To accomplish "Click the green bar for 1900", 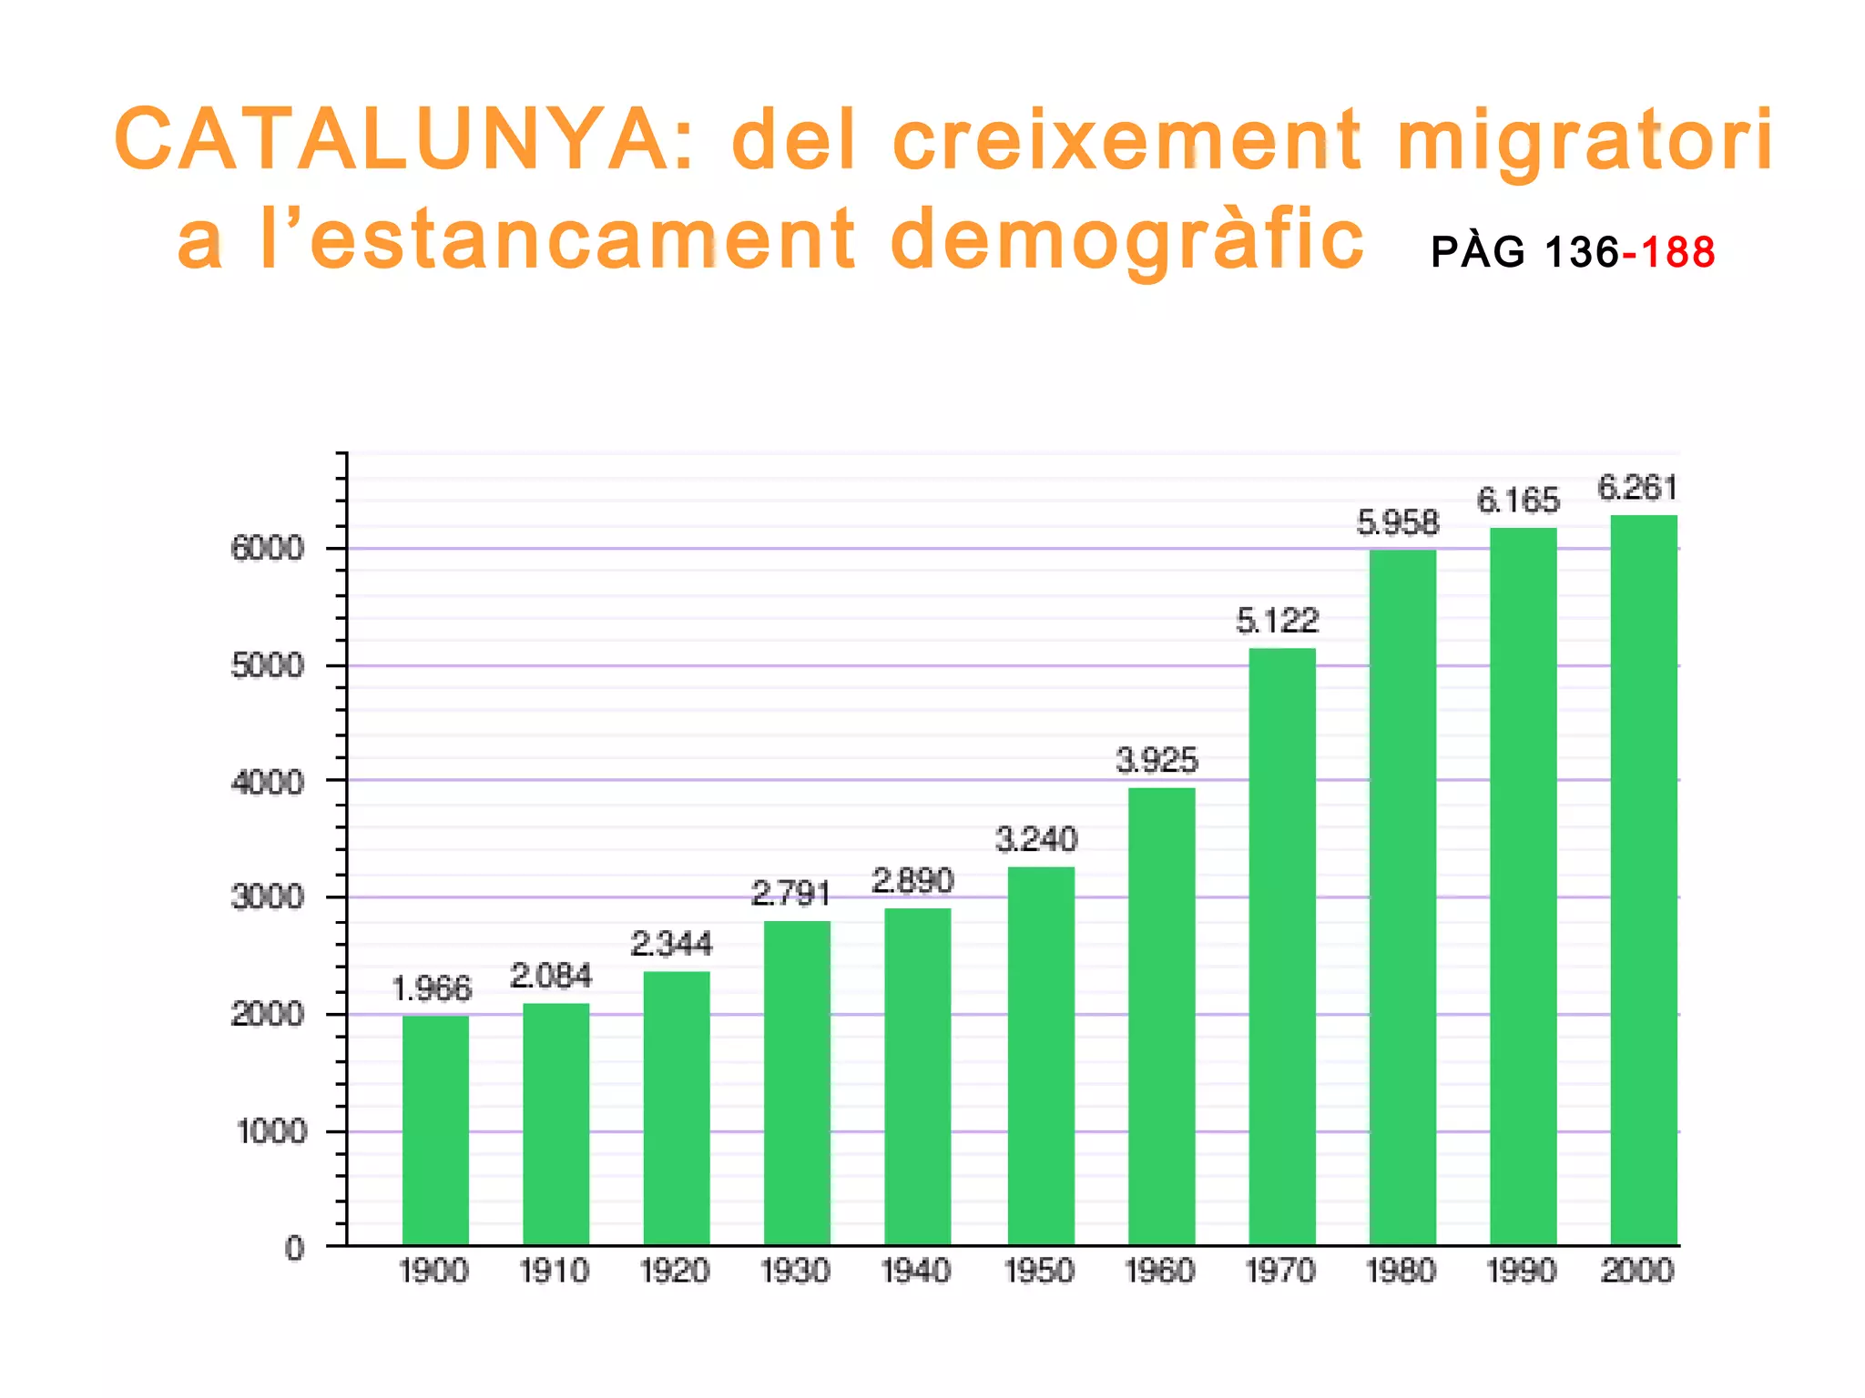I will (435, 1130).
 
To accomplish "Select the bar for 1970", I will (1281, 947).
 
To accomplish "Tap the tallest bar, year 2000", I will (1643, 880).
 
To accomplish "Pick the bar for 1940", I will (917, 1077).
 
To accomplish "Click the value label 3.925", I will (1157, 760).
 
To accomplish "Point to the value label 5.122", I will (1277, 621).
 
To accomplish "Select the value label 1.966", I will (432, 988).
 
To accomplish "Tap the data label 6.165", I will (1518, 501).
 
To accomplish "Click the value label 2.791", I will (790, 894).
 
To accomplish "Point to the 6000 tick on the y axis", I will (267, 549).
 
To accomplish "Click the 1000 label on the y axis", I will (271, 1131).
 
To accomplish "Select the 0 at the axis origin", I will (294, 1248).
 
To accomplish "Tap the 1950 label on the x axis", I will (1039, 1271).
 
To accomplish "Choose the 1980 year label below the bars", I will (1401, 1271).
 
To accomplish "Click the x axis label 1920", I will (675, 1271).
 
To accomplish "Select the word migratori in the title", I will (1585, 141).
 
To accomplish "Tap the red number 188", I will (1678, 252).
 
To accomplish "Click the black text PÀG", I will (1477, 252).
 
